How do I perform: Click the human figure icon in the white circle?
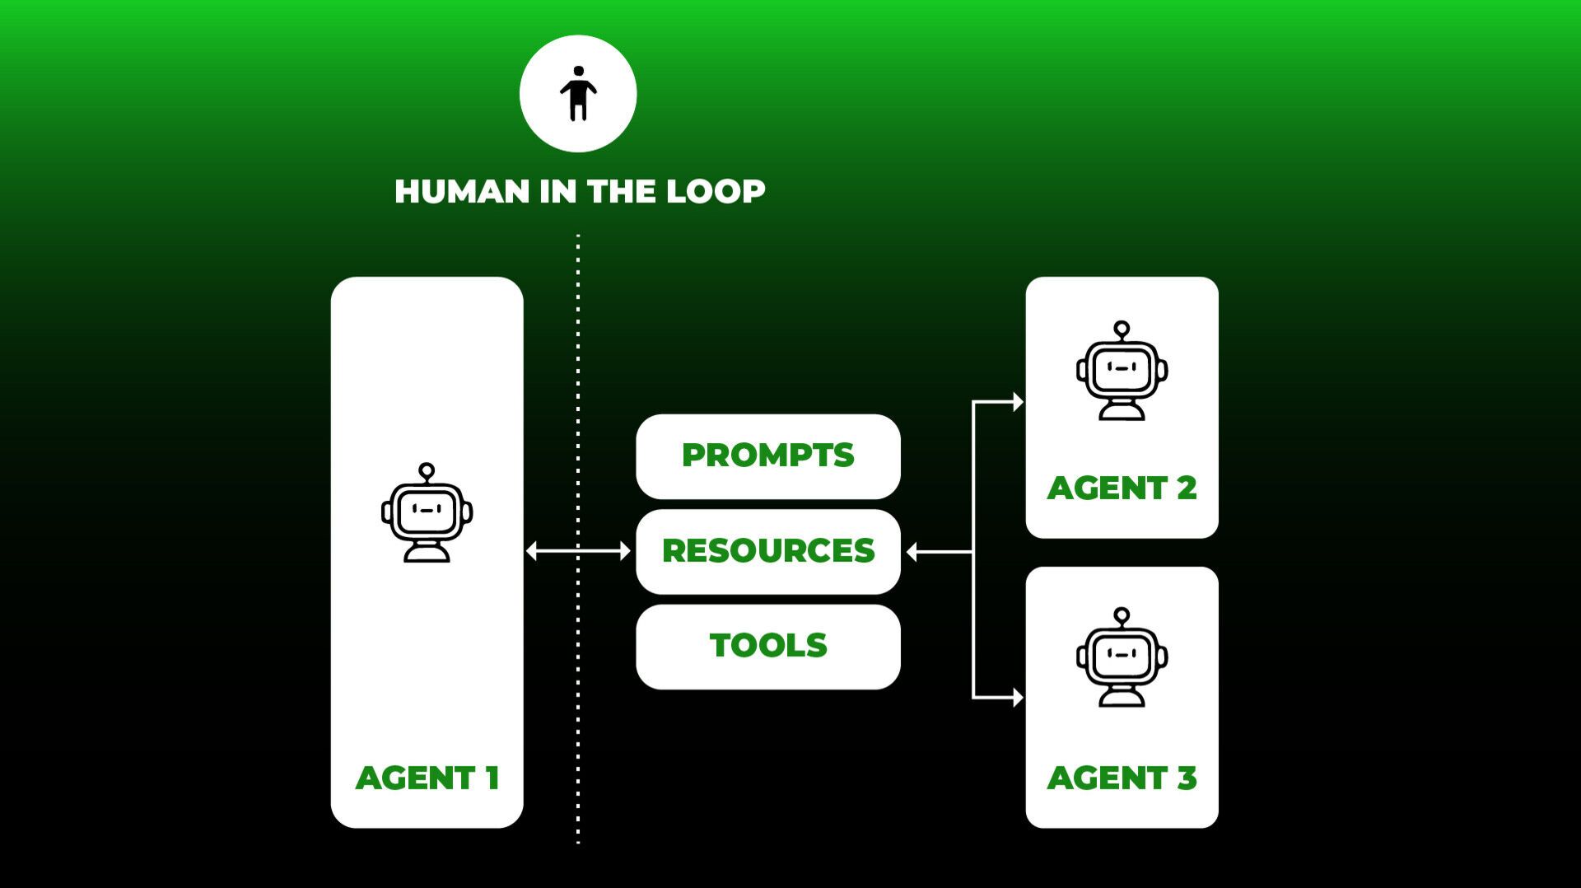coord(578,94)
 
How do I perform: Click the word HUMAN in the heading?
coord(462,191)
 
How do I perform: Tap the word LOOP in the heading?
coord(716,191)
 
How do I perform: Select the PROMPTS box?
coord(767,456)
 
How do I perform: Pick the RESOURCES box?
coord(767,551)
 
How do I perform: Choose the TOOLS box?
coord(767,646)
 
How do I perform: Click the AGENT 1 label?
coord(427,778)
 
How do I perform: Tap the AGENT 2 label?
coord(1121,488)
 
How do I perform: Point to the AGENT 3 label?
coord(1121,778)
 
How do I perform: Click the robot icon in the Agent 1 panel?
coord(427,514)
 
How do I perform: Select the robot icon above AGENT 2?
coord(1122,372)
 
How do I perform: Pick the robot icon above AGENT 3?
coord(1122,658)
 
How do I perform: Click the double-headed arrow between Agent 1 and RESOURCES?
coord(578,551)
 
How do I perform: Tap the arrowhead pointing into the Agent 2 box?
coord(1018,402)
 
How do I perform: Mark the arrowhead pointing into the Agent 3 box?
coord(1018,698)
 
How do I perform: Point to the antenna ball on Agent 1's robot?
coord(427,470)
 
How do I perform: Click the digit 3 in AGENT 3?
coord(1187,778)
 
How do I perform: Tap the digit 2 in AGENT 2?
coord(1187,488)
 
